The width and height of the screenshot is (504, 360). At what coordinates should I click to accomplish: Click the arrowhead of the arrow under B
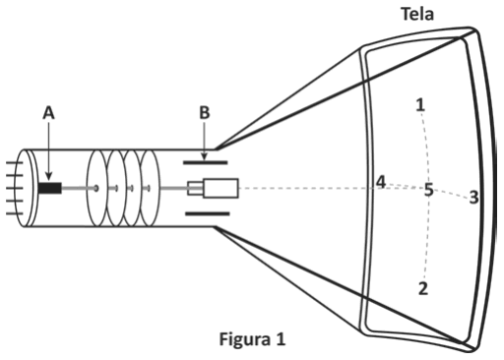(204, 157)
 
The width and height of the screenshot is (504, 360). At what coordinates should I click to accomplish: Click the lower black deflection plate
(207, 212)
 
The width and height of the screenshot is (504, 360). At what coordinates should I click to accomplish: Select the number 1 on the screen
(420, 105)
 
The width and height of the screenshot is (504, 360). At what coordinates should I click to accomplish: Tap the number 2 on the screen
(422, 289)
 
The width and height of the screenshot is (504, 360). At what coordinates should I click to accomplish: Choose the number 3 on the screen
(473, 198)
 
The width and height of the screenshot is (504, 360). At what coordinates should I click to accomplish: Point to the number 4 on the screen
(380, 182)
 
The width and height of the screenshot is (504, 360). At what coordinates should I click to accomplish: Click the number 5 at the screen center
(428, 190)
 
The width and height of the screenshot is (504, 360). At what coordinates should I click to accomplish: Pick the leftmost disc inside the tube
(96, 187)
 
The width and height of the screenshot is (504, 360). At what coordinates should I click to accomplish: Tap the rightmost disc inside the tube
(151, 187)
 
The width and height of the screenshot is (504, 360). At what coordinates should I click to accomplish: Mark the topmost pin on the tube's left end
(12, 167)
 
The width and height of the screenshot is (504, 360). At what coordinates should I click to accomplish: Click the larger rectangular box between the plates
(221, 187)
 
